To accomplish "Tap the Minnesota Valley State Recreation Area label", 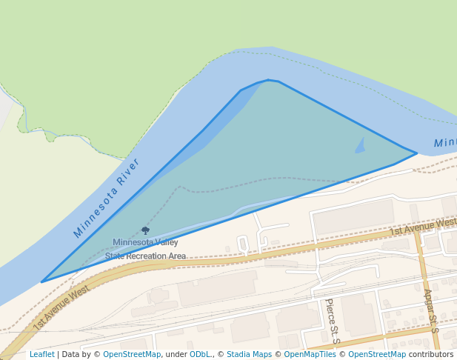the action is (x=145, y=249).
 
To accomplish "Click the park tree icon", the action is (x=145, y=231).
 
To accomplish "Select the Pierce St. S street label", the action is (x=331, y=321).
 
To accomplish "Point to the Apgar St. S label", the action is (x=431, y=310).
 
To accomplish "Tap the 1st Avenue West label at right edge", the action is (x=424, y=226).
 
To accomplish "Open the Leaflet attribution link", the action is (x=42, y=354).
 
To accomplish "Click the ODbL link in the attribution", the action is (x=200, y=354).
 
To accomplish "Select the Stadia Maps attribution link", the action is (x=249, y=354).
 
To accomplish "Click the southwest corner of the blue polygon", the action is (x=42, y=281).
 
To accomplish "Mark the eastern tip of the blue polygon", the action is (x=416, y=153).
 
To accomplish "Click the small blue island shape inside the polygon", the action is (x=360, y=146).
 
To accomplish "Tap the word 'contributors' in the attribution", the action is (x=431, y=354).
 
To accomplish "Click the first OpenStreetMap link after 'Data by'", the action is (x=132, y=354).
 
